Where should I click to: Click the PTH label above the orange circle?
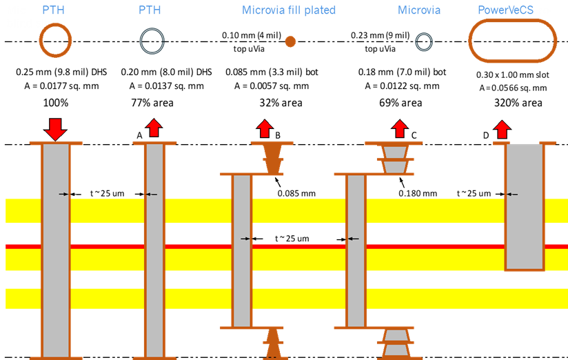click(53, 10)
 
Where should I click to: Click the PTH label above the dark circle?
click(150, 10)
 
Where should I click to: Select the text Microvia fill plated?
click(289, 10)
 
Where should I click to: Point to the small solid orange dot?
click(290, 41)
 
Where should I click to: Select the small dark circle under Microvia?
click(424, 42)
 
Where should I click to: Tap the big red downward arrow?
click(55, 129)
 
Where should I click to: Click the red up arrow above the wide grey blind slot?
click(502, 129)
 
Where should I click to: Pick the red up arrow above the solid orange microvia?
click(265, 128)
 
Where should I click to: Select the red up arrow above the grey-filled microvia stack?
click(400, 128)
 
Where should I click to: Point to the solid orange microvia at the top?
click(273, 158)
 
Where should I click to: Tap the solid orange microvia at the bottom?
click(273, 343)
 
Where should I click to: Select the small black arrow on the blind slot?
click(511, 194)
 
